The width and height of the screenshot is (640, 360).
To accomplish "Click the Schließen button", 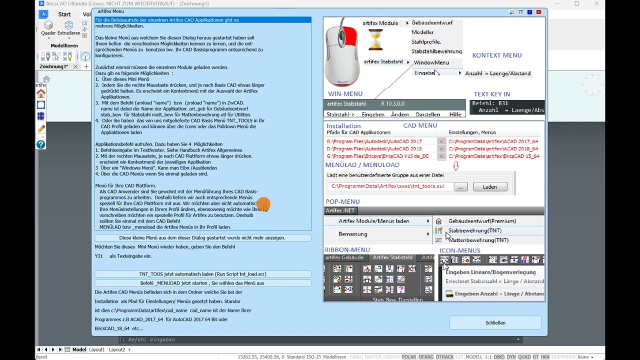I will tap(495, 323).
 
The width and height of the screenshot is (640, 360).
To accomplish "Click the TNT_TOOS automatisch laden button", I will tap(202, 274).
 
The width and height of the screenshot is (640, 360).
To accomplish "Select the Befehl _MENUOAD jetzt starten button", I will tap(202, 283).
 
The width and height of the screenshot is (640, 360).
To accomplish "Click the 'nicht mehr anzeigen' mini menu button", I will tap(202, 238).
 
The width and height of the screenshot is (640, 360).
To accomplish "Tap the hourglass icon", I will tap(375, 40).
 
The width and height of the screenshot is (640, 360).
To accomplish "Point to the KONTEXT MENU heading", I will tap(496, 55).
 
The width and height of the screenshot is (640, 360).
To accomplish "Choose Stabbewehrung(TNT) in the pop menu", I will tap(474, 230).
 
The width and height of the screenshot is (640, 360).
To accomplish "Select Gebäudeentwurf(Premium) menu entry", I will tap(481, 221).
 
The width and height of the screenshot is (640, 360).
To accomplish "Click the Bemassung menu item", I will tap(352, 234).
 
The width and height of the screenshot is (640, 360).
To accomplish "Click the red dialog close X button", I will tap(538, 12).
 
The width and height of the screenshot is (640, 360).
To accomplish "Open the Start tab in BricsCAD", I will tap(64, 14).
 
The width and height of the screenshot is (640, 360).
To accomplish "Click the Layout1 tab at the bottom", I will tap(97, 349).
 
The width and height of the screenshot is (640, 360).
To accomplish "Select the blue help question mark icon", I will tap(41, 144).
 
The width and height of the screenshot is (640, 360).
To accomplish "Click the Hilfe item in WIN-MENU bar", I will tap(455, 114).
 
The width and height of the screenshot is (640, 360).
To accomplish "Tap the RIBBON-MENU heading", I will tap(347, 250).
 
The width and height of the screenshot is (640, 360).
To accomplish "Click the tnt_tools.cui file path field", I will tap(390, 186).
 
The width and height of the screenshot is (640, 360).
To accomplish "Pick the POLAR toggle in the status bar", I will tap(408, 357).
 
